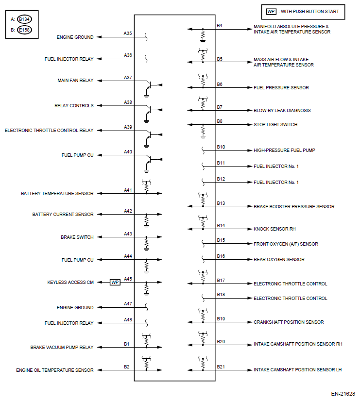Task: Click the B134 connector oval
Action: (24, 19)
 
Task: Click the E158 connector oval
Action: (24, 30)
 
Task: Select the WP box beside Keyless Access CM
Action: (115, 282)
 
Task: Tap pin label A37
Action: (128, 78)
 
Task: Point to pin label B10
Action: (221, 147)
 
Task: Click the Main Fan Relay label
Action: (75, 81)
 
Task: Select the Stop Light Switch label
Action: (275, 125)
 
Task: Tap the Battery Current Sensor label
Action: (63, 214)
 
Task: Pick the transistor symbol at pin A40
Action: (149, 160)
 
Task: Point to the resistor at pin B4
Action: (203, 35)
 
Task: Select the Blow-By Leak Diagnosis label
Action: (282, 110)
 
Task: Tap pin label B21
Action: (221, 367)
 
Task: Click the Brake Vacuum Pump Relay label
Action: (62, 347)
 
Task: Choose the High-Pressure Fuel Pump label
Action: (284, 150)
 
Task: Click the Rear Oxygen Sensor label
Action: (279, 259)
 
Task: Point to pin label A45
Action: (128, 279)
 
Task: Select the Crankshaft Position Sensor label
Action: (289, 322)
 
